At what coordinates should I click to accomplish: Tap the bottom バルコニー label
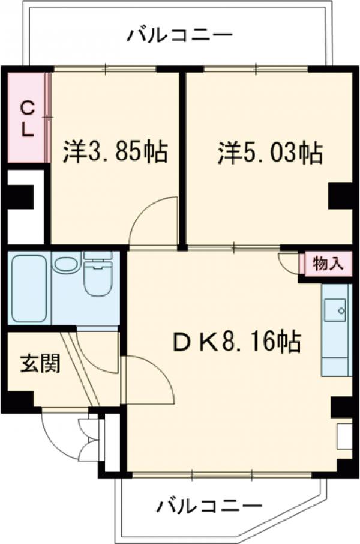209,506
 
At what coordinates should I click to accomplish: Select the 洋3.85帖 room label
114,153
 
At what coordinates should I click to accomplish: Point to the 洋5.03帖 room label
269,153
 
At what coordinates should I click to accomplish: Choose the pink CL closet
27,118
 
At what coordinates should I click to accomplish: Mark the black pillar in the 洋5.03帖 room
340,196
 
